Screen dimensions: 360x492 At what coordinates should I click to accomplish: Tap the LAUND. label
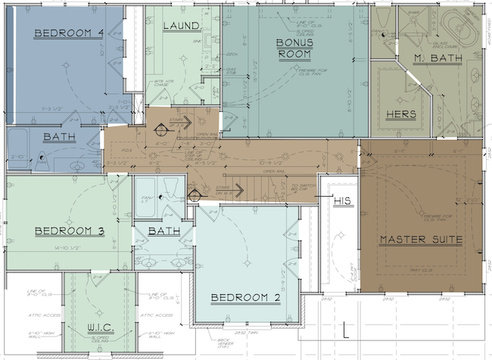click(x=182, y=26)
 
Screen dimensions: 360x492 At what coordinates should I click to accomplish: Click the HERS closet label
click(x=401, y=114)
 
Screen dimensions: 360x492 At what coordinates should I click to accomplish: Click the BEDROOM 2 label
click(x=246, y=296)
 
